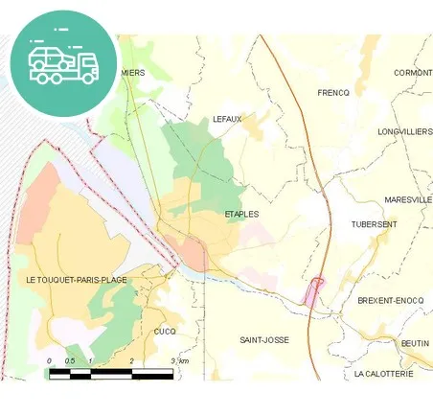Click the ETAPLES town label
(241, 214)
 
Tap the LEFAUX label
(228, 119)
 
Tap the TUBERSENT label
(374, 224)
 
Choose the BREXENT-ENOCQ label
(389, 300)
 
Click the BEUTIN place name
(415, 342)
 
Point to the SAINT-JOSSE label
(263, 340)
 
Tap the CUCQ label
(164, 331)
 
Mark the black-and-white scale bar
(110, 371)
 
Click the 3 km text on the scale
(179, 360)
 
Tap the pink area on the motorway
(314, 291)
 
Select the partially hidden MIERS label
(133, 72)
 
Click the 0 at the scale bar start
(49, 360)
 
